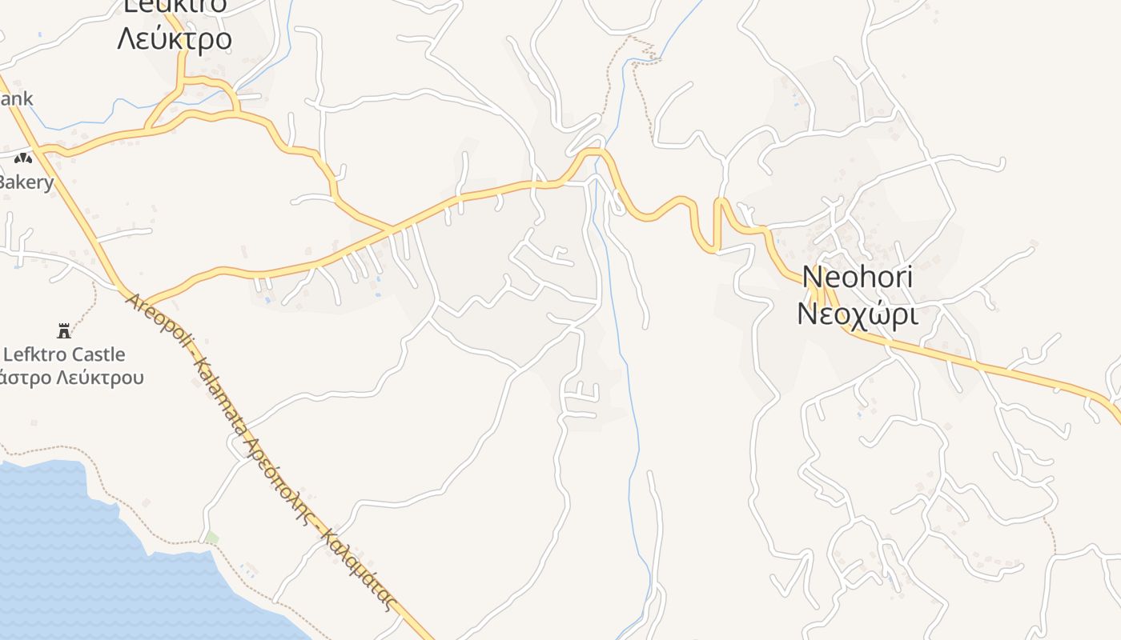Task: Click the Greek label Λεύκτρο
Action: tap(175, 38)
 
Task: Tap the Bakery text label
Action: tap(26, 182)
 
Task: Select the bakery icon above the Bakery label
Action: tap(22, 158)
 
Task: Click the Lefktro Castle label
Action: tap(64, 354)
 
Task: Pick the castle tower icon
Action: tap(64, 330)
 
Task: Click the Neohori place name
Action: tap(857, 277)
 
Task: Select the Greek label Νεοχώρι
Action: tap(857, 314)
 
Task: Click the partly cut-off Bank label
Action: tap(16, 98)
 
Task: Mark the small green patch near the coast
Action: tap(211, 537)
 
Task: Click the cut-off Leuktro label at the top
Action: tap(175, 6)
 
